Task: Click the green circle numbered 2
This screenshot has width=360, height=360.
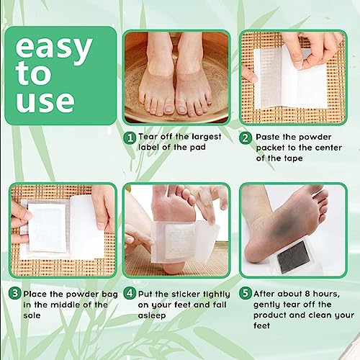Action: pos(246,138)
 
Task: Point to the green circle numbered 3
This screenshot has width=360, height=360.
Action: pos(14,294)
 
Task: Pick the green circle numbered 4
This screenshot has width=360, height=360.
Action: pos(130,294)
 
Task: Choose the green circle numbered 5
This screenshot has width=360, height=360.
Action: pos(246,294)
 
